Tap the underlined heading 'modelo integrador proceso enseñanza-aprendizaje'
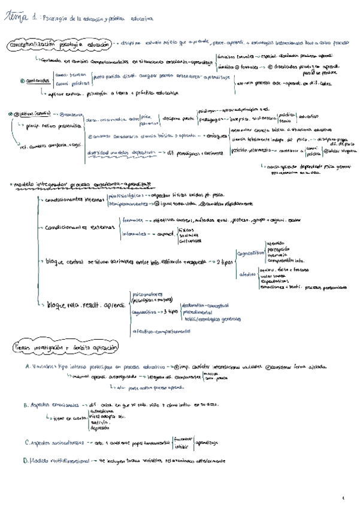click(x=81, y=182)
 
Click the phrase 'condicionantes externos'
click(x=75, y=228)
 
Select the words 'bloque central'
click(x=69, y=262)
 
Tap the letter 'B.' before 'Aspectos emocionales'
click(x=27, y=405)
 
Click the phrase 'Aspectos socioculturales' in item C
click(x=60, y=443)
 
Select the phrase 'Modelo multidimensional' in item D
click(x=59, y=461)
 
